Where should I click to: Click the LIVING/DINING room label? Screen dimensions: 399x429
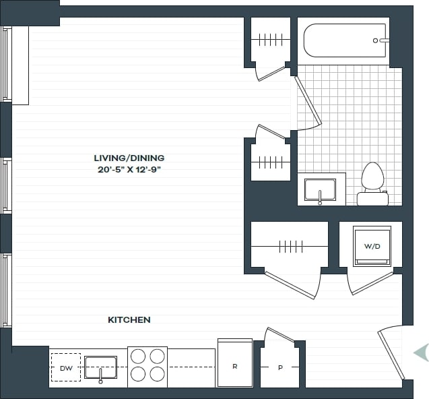pos(129,158)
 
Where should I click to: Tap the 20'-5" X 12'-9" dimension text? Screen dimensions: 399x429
pos(129,169)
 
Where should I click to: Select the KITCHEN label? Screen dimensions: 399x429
pos(129,319)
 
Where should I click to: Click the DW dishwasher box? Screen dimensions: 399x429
pos(65,368)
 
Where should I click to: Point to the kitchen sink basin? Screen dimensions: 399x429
pos(100,367)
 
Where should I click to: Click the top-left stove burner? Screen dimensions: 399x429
pos(138,356)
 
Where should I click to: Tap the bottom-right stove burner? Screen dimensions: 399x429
pos(157,374)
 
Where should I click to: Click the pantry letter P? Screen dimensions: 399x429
pos(280,368)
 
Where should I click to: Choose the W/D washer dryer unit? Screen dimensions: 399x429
pos(372,246)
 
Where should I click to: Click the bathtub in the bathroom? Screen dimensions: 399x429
pos(345,40)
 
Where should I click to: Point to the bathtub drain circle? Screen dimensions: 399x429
pos(376,40)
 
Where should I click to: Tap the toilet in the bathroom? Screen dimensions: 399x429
pos(372,184)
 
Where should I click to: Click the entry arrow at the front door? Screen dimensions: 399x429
pos(421,352)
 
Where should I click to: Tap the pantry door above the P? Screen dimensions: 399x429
pos(279,335)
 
